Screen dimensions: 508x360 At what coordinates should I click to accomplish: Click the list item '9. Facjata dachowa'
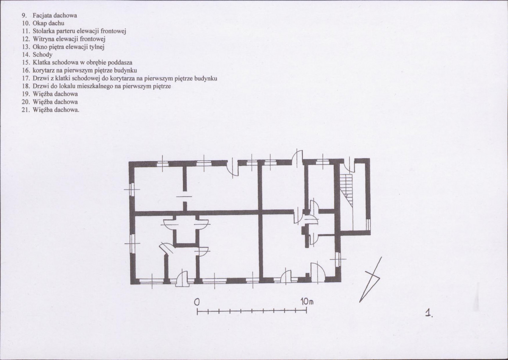pos(49,15)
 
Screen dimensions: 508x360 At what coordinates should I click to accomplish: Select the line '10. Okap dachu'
pos(43,23)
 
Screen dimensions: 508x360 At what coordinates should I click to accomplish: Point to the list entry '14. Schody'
pos(37,54)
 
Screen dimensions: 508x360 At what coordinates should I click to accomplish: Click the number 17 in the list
pos(26,78)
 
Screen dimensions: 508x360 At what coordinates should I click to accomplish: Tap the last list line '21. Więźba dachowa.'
pos(50,110)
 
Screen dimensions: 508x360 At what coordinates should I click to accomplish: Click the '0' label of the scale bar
pos(197,302)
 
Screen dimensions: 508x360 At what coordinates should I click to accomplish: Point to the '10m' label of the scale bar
pos(307,301)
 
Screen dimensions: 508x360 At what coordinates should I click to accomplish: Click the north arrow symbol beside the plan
pos(370,279)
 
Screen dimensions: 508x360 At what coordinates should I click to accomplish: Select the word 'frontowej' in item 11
pos(113,31)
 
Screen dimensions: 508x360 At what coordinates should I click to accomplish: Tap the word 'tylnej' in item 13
pos(97,47)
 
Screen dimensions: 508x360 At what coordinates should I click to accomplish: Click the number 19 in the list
pos(26,94)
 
